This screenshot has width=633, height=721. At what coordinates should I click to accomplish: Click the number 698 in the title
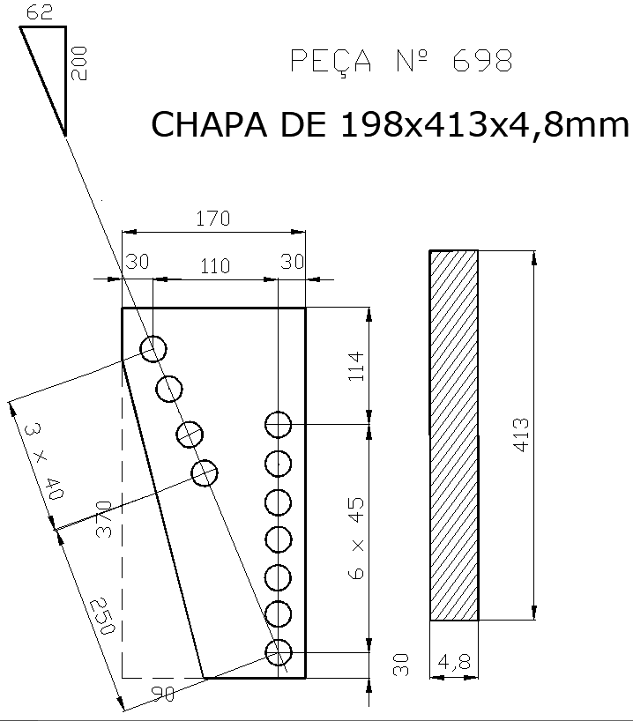pyautogui.click(x=481, y=62)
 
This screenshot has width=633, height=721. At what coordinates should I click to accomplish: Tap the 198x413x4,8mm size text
pyautogui.click(x=483, y=124)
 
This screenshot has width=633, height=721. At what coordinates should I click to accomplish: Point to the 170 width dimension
pyautogui.click(x=212, y=219)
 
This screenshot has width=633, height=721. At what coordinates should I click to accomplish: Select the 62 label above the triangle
pyautogui.click(x=41, y=11)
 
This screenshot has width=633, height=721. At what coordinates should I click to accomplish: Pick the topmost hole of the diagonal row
pyautogui.click(x=153, y=349)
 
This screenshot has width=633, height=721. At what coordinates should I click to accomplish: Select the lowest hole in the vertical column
pyautogui.click(x=279, y=653)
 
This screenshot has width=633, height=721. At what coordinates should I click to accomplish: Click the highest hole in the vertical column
pyautogui.click(x=279, y=425)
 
